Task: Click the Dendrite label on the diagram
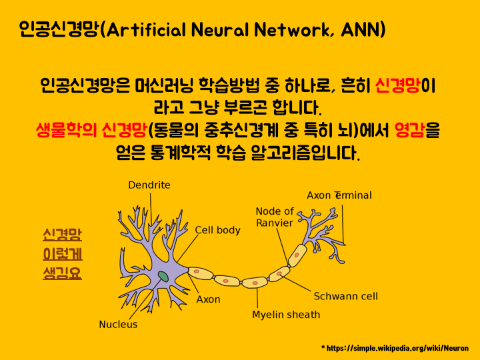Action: tap(149, 185)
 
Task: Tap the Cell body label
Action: tap(217, 230)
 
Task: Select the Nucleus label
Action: tap(118, 325)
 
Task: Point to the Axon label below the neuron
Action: tap(208, 299)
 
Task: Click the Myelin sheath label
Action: tap(286, 315)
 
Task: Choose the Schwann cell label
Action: tap(346, 296)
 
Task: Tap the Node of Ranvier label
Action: tap(275, 217)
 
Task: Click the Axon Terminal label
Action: tap(339, 195)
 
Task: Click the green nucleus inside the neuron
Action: tap(163, 276)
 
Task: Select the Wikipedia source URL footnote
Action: tap(395, 348)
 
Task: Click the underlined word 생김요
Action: tap(62, 273)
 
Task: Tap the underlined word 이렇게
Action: tap(62, 254)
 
